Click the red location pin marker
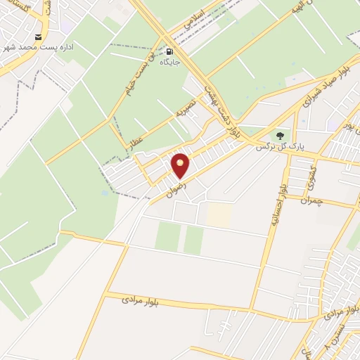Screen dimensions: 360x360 pos(181,165)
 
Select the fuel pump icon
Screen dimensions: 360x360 pos(169,51)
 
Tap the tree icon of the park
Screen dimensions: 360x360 pos(281,135)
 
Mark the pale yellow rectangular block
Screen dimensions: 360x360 pos(219,215)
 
